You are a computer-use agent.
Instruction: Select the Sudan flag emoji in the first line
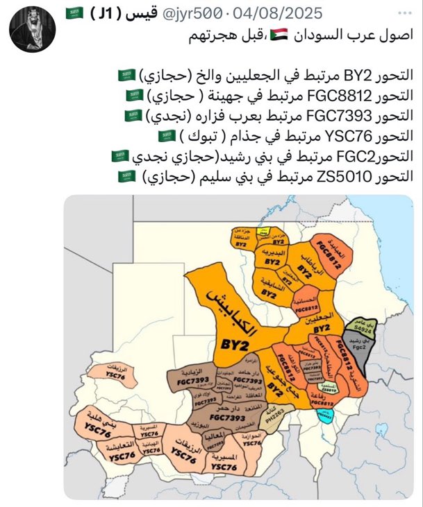(278, 33)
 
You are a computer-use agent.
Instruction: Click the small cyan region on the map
(325, 415)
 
